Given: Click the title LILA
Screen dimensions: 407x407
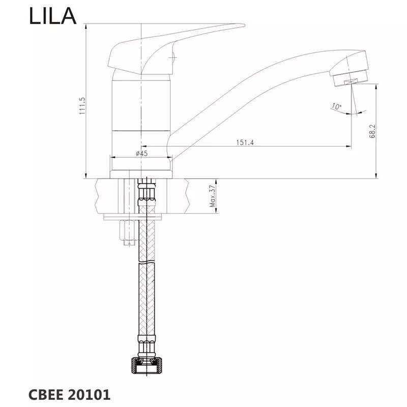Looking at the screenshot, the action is pyautogui.click(x=52, y=16).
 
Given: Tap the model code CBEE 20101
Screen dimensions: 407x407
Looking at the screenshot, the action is pyautogui.click(x=69, y=395).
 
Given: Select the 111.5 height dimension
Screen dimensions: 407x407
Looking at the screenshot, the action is pyautogui.click(x=82, y=106).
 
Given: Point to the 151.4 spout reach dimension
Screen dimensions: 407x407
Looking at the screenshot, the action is pyautogui.click(x=245, y=142).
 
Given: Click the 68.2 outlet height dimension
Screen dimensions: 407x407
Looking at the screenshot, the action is pyautogui.click(x=372, y=131).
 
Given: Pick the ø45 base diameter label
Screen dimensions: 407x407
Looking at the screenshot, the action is pyautogui.click(x=142, y=154).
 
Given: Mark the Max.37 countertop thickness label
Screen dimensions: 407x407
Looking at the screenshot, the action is pyautogui.click(x=213, y=196).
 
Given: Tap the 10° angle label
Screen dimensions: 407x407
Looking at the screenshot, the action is pyautogui.click(x=336, y=106).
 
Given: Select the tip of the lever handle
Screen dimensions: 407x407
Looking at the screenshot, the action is pyautogui.click(x=244, y=25).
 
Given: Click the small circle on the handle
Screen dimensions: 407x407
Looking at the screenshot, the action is pyautogui.click(x=173, y=56).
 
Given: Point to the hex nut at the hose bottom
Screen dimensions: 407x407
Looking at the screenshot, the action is pyautogui.click(x=147, y=365).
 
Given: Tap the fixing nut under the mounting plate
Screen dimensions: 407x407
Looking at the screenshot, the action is pyautogui.click(x=128, y=230).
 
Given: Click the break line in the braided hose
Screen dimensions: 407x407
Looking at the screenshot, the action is pyautogui.click(x=147, y=263).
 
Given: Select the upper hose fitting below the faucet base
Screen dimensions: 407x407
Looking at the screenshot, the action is pyautogui.click(x=147, y=192).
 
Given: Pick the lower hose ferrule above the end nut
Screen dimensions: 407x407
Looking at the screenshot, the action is pyautogui.click(x=147, y=346).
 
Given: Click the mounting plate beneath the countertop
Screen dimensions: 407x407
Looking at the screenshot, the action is pyautogui.click(x=133, y=217).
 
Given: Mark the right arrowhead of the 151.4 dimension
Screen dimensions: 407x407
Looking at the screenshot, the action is pyautogui.click(x=348, y=147).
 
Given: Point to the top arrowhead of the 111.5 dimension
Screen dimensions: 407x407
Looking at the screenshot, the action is pyautogui.click(x=86, y=26).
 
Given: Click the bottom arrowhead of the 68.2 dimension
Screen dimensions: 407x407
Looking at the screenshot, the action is pyautogui.click(x=376, y=176).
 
